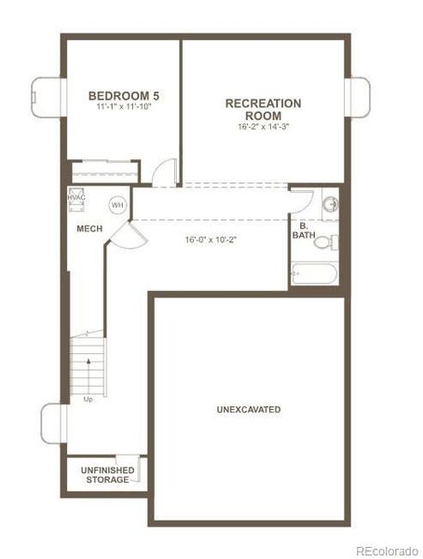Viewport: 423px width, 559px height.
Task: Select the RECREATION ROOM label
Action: point(264,109)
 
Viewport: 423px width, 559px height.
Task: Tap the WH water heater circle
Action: point(117,205)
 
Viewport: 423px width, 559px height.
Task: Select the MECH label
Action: point(89,227)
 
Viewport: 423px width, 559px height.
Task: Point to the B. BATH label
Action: point(304,230)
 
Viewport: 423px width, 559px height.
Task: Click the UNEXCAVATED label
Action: point(249,409)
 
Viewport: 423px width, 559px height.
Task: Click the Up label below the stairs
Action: point(88,400)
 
